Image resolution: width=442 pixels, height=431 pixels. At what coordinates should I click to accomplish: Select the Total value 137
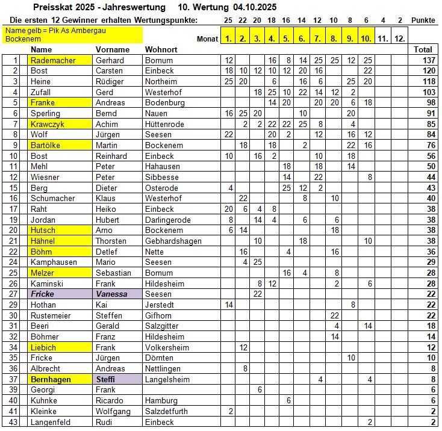coord(428,60)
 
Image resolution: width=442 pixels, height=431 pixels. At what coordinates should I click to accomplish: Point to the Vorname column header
coord(113,49)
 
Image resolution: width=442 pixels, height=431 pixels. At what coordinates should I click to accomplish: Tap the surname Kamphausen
coord(55,262)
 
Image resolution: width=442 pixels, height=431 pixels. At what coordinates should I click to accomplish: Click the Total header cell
coord(423,49)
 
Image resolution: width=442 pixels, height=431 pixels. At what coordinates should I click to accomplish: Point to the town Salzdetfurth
coord(167,411)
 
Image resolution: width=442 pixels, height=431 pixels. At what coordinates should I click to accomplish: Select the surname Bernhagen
coord(51,379)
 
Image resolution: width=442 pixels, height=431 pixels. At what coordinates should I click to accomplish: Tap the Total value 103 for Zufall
coord(428,92)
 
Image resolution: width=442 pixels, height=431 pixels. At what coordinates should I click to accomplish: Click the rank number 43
coord(15,422)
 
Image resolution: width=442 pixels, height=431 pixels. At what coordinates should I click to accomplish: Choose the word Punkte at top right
coord(423,20)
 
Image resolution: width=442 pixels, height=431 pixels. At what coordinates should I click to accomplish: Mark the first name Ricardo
coord(110,400)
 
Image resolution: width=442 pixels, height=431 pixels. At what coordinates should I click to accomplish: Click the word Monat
coord(207,39)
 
